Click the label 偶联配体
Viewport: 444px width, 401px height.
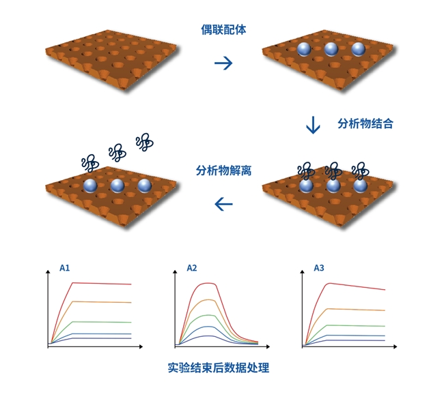point(223,29)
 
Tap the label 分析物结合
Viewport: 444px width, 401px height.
point(365,124)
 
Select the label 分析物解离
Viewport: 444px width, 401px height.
point(223,170)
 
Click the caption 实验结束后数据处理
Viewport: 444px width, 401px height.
point(219,368)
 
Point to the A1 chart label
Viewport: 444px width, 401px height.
point(65,268)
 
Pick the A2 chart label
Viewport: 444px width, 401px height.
point(193,268)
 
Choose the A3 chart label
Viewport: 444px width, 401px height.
point(319,268)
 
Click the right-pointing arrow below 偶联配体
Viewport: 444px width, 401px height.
point(223,63)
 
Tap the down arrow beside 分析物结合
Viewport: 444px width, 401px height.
point(313,125)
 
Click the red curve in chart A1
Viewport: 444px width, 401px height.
point(102,283)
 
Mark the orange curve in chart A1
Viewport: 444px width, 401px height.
point(102,301)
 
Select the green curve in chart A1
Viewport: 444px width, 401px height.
point(102,321)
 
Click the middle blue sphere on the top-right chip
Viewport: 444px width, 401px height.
point(331,49)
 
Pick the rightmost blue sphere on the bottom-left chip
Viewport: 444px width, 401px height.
point(143,185)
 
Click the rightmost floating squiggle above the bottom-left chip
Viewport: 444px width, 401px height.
point(144,142)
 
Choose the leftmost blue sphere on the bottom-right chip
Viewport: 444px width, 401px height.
point(306,185)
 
